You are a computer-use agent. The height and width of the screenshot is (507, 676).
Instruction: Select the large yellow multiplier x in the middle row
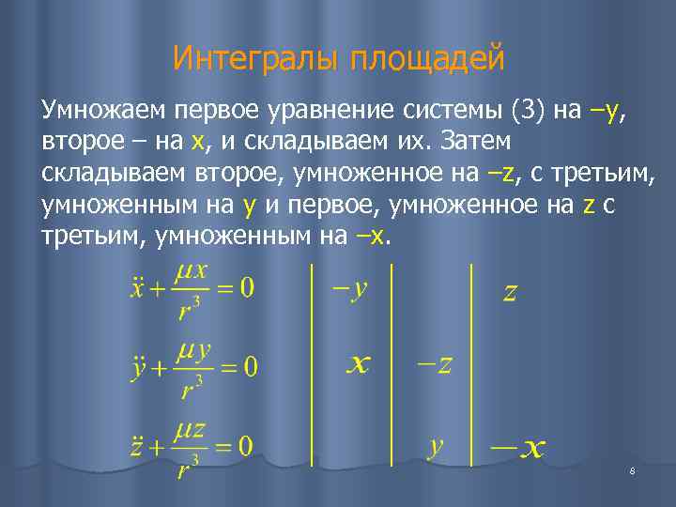[x=356, y=364]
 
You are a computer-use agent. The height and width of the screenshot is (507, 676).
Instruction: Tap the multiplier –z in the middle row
[x=433, y=364]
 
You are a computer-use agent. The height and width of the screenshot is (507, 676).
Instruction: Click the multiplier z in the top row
[x=510, y=293]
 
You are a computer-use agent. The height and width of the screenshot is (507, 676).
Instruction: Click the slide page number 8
[x=633, y=470]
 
